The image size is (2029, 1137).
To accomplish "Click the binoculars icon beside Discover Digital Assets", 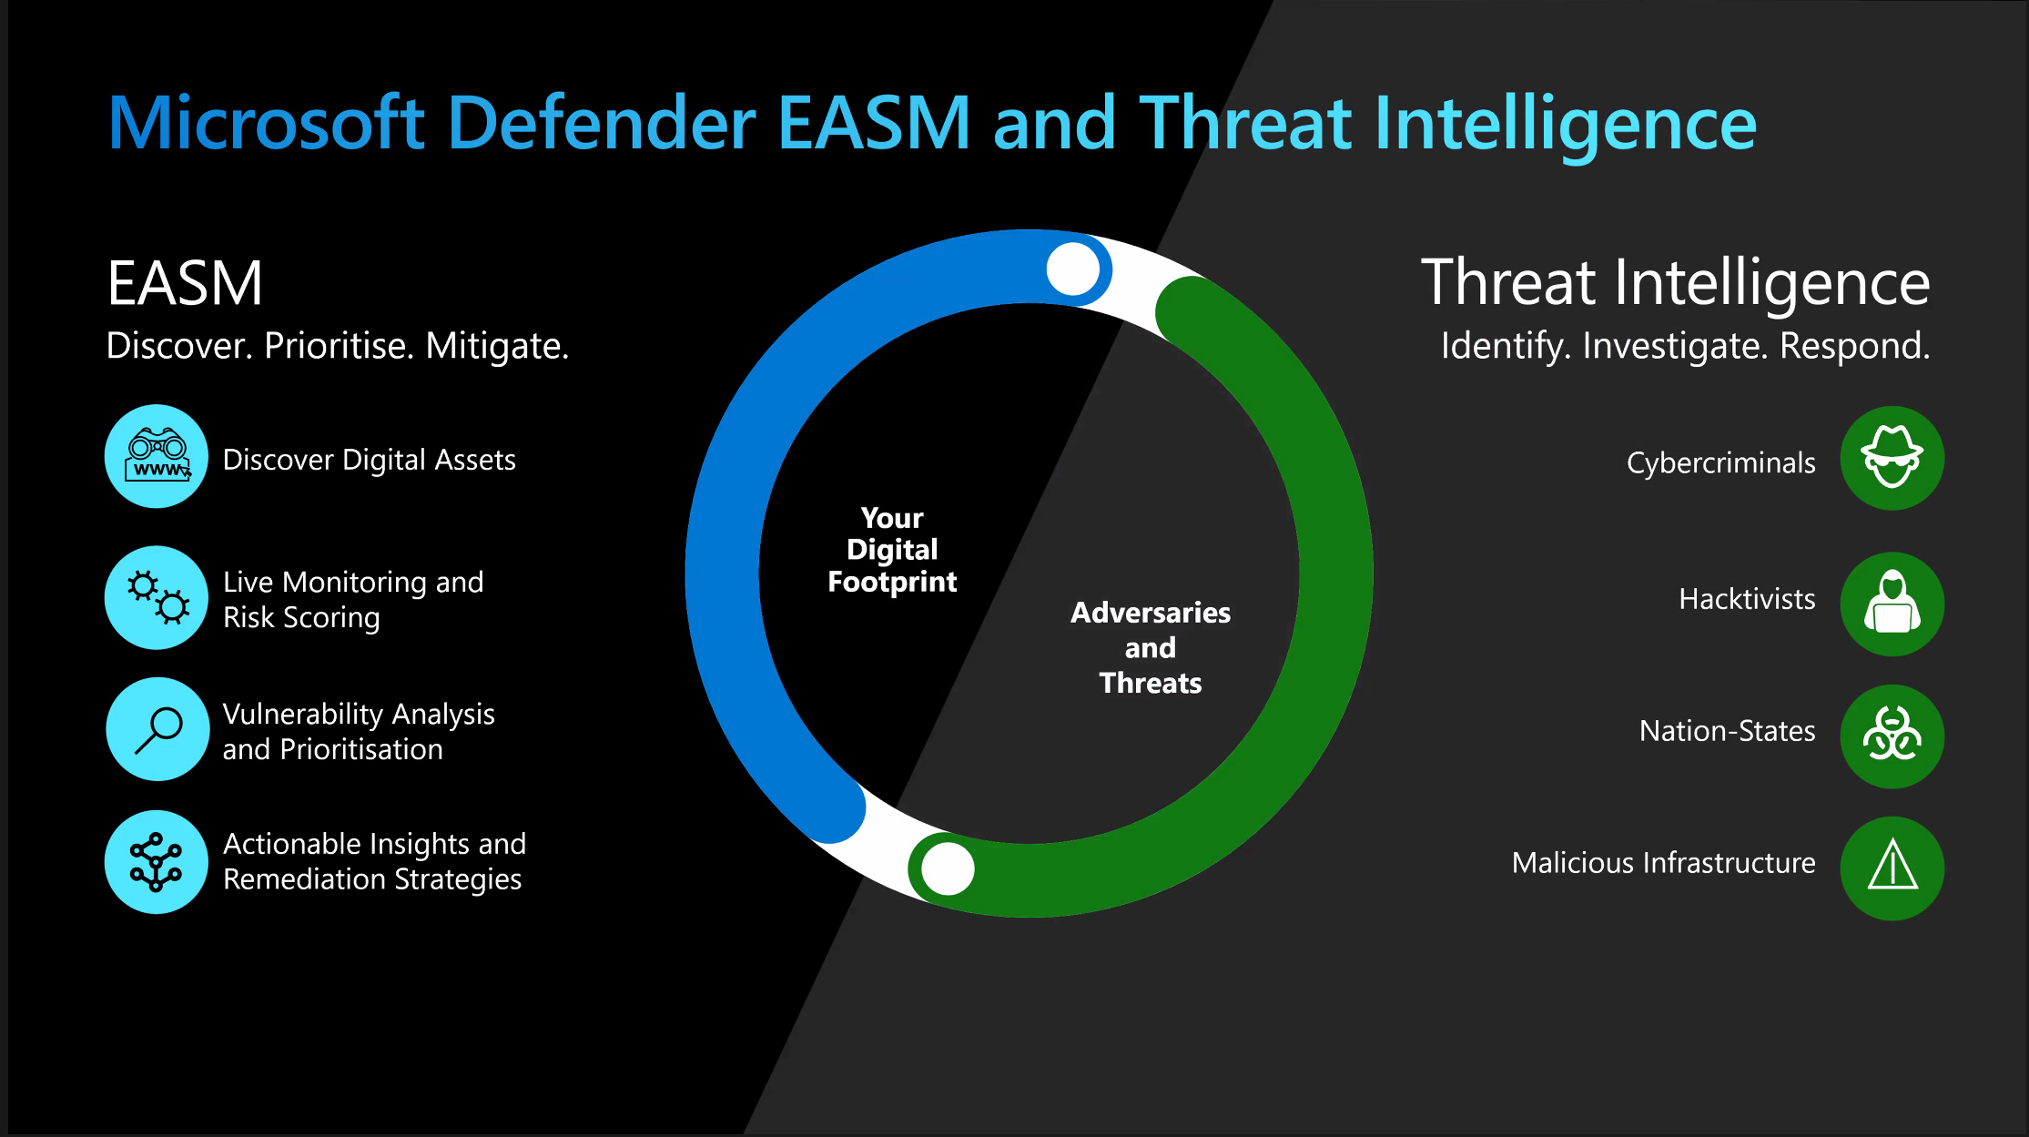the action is point(157,456).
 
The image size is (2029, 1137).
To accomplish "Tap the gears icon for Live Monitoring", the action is point(157,597).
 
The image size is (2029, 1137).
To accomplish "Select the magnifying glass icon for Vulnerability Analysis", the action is point(157,729).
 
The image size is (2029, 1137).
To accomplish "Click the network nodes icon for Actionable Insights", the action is point(157,861).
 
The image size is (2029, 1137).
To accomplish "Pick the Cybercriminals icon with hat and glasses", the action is point(1892,458).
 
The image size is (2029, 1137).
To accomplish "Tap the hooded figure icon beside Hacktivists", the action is point(1892,604).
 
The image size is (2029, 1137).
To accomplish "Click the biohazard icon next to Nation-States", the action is point(1892,736).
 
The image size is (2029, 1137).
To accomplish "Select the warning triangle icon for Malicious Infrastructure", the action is point(1892,868).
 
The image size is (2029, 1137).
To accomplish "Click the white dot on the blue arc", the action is point(1073,269).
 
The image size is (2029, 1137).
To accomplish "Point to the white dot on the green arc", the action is point(948,868).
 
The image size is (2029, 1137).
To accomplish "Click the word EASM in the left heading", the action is point(185,283).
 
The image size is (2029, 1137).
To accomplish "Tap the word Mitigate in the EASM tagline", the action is point(497,346).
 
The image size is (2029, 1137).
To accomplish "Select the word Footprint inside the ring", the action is point(892,582).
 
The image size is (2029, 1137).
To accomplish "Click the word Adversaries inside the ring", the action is point(1151,613).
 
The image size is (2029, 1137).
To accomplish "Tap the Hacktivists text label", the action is point(1747,599).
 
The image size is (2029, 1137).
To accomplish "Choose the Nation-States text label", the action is point(1727,731).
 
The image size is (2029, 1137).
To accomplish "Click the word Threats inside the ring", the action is point(1151,683).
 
